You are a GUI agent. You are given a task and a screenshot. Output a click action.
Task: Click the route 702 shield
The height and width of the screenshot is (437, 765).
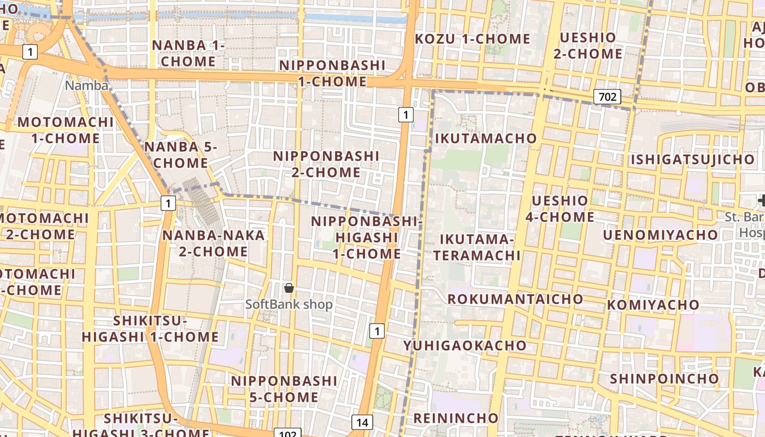point(607,97)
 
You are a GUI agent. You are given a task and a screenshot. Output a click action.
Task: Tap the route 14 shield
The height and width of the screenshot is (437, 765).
point(362,422)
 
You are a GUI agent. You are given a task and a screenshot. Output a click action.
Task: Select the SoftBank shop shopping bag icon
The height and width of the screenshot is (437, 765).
point(289,288)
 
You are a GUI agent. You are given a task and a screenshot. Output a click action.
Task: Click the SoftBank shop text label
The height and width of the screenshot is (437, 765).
point(289,304)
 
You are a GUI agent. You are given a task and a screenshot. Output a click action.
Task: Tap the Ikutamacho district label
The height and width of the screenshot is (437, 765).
point(486,138)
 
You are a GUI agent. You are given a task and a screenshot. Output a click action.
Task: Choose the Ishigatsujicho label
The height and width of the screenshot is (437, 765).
point(692,160)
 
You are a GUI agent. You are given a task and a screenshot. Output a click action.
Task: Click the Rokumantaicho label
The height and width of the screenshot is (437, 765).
point(515,299)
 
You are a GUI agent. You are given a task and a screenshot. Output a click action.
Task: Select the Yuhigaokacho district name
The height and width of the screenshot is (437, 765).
point(464,345)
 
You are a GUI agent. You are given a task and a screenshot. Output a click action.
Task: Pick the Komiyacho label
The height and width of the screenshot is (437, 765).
point(653,304)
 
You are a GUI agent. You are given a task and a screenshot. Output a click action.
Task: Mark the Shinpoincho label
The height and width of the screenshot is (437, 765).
point(664,379)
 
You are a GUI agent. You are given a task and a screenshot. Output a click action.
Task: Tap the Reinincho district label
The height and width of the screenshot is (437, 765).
point(456,418)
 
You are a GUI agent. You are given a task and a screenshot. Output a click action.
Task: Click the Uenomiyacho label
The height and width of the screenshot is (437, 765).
point(661,234)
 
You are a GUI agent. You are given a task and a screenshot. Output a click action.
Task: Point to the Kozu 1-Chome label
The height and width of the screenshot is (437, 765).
point(473,39)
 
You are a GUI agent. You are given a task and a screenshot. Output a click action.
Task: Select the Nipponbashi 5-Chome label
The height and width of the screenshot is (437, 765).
point(284,388)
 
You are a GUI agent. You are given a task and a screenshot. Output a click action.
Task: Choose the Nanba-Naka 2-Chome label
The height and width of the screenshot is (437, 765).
point(214,243)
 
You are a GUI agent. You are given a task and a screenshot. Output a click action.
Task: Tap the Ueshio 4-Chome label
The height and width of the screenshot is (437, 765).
point(560,209)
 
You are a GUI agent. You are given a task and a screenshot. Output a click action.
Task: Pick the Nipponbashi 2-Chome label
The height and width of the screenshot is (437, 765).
point(326,164)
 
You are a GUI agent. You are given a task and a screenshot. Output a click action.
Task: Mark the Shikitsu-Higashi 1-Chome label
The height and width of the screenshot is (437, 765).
point(150,329)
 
